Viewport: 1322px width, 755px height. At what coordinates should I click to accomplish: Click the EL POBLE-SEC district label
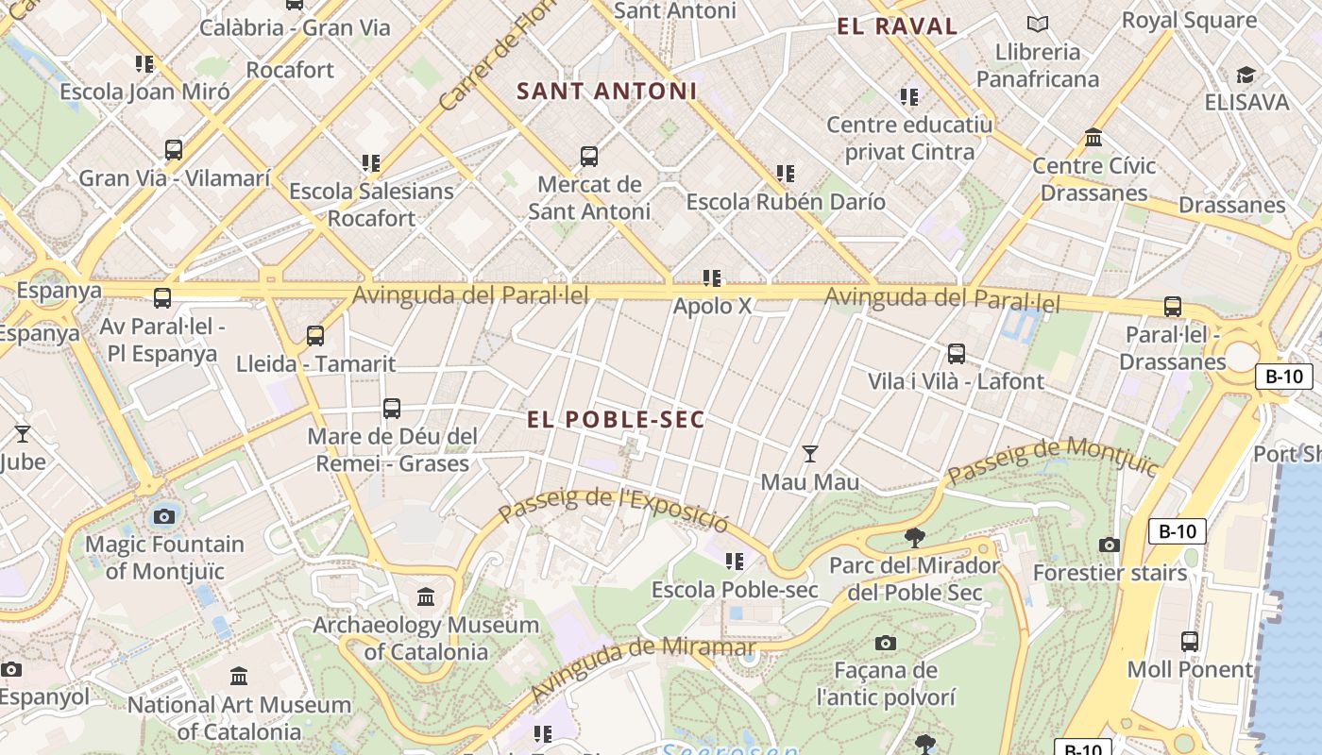point(616,420)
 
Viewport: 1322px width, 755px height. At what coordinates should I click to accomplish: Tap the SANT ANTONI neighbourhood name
point(607,92)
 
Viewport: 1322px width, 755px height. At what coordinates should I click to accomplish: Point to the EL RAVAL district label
point(897,26)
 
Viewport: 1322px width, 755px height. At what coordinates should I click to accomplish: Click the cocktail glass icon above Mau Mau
point(809,454)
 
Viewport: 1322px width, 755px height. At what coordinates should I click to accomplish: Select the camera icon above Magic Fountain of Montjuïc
point(164,516)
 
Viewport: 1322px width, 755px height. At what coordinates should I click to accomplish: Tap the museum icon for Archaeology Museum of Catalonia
point(426,597)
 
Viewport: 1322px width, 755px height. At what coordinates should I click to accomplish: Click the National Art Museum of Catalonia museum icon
point(239,677)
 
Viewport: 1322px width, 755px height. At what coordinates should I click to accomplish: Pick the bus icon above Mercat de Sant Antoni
point(589,157)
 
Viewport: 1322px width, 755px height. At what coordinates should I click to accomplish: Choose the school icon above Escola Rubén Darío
point(786,174)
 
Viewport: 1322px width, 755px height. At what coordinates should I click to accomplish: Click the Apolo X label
point(712,306)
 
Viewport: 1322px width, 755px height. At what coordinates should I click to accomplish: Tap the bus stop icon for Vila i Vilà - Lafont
point(957,354)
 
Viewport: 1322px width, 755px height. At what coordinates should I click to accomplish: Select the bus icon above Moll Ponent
point(1190,642)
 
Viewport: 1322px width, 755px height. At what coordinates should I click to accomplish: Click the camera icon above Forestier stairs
point(1110,545)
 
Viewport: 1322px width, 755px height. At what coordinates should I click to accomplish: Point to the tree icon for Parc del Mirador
point(914,538)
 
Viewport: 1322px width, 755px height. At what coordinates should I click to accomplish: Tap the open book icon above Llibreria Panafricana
point(1038,25)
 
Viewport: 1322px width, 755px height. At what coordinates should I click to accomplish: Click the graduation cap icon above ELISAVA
point(1246,75)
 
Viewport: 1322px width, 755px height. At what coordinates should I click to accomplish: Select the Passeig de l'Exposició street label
point(614,511)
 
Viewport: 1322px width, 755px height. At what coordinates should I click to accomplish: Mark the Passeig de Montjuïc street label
point(1053,461)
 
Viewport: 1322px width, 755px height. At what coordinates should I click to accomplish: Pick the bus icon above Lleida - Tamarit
point(315,336)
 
